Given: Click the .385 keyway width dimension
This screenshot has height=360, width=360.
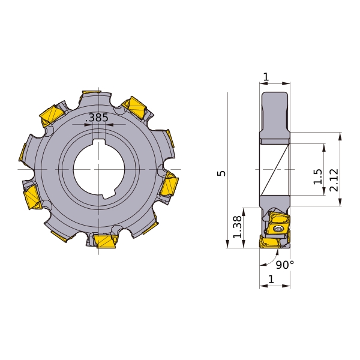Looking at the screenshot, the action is pyautogui.click(x=97, y=118).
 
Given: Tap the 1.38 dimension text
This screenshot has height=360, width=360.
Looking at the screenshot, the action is pyautogui.click(x=238, y=227).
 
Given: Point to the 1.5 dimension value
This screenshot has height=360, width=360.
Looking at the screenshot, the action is pyautogui.click(x=318, y=176).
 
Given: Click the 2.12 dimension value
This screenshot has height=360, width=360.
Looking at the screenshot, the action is pyautogui.click(x=334, y=180).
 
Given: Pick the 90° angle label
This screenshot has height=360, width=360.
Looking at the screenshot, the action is pyautogui.click(x=284, y=265).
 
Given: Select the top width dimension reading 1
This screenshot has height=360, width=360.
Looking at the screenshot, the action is pyautogui.click(x=266, y=77).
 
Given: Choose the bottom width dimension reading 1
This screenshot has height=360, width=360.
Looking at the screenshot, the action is pyautogui.click(x=271, y=279).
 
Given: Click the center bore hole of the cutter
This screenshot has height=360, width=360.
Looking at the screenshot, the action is pyautogui.click(x=99, y=170).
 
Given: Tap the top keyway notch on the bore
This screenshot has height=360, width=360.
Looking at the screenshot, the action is pyautogui.click(x=99, y=142).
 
